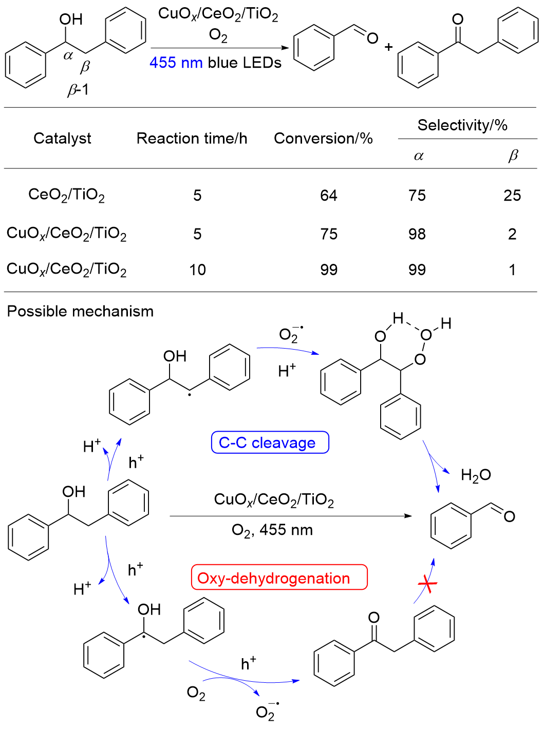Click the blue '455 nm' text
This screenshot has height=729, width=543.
(x=175, y=63)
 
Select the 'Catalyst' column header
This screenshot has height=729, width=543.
(x=62, y=138)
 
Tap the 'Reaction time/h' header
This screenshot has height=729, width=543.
(x=192, y=139)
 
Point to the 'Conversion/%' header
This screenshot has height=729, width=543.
(x=323, y=139)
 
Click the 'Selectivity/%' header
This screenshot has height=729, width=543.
(x=462, y=125)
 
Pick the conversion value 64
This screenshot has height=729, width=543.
(x=329, y=196)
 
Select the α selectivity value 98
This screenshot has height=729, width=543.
(x=417, y=235)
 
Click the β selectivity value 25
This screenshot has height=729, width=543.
(x=512, y=196)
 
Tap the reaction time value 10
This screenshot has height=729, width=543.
(x=197, y=270)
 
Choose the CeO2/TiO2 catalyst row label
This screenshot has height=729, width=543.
(x=66, y=195)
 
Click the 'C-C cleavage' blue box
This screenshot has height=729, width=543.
(x=270, y=443)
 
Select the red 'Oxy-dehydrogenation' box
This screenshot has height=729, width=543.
(x=279, y=578)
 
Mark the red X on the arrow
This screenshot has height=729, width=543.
(x=427, y=584)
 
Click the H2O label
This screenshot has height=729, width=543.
(x=476, y=475)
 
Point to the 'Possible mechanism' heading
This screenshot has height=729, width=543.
(x=80, y=312)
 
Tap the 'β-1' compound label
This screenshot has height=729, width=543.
(x=78, y=90)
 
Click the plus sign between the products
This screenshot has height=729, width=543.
(x=388, y=47)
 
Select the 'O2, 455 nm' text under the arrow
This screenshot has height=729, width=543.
(x=272, y=530)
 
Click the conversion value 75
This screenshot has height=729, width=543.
(x=329, y=235)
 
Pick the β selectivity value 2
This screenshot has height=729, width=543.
(x=512, y=235)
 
